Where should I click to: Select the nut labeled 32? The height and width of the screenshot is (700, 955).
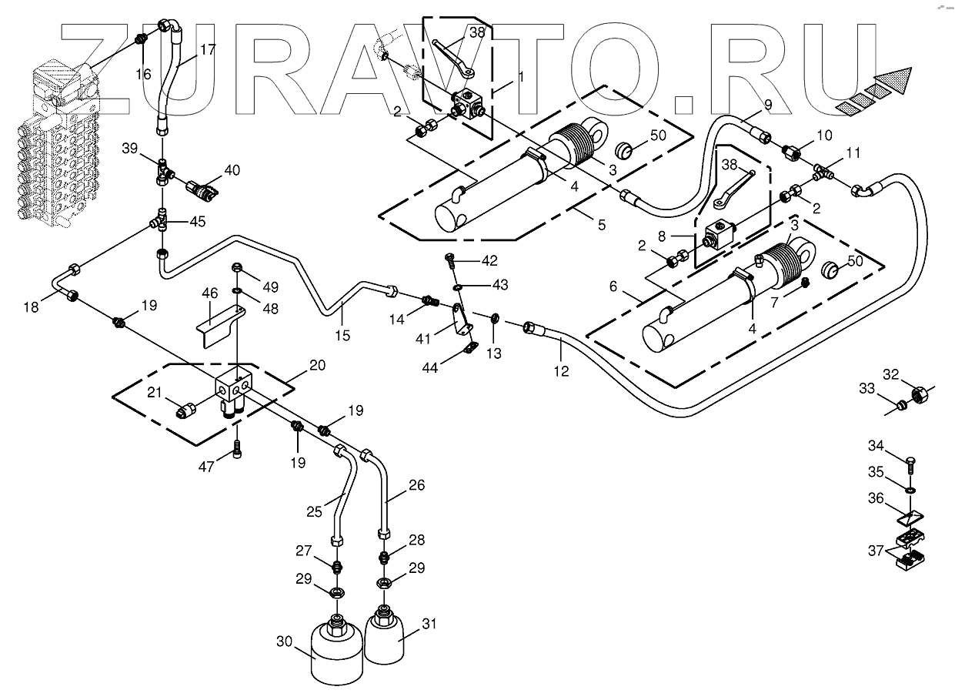tap(917, 395)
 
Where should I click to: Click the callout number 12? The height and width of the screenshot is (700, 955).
tap(561, 371)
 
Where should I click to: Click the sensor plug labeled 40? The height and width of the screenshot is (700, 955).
tap(201, 187)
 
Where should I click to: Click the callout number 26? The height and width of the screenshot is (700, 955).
tap(416, 486)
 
